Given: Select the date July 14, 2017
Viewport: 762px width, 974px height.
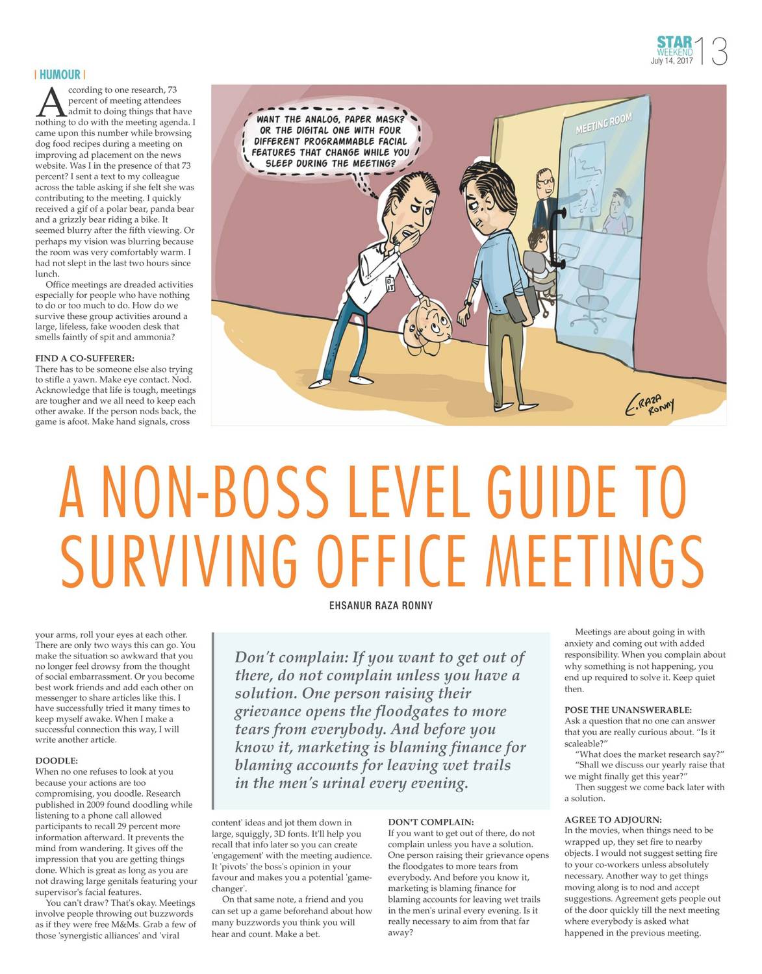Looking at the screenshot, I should pyautogui.click(x=672, y=61).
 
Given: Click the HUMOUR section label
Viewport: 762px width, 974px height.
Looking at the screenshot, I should pyautogui.click(x=60, y=75).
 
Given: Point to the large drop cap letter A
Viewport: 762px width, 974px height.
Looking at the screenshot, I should pyautogui.click(x=50, y=103).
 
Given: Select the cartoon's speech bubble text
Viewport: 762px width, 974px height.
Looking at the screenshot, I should pyautogui.click(x=331, y=141).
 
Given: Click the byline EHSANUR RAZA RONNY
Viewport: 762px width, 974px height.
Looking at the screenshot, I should pyautogui.click(x=381, y=605).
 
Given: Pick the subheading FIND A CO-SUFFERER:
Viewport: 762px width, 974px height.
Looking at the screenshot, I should pyautogui.click(x=84, y=358).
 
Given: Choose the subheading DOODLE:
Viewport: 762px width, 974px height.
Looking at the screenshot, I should pyautogui.click(x=57, y=760).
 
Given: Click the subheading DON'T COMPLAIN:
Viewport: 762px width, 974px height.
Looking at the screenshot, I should pyautogui.click(x=431, y=822).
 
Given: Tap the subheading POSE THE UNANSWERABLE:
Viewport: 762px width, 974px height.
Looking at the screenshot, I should pyautogui.click(x=628, y=710).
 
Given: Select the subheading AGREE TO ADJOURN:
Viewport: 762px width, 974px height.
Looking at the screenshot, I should pyautogui.click(x=613, y=819).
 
